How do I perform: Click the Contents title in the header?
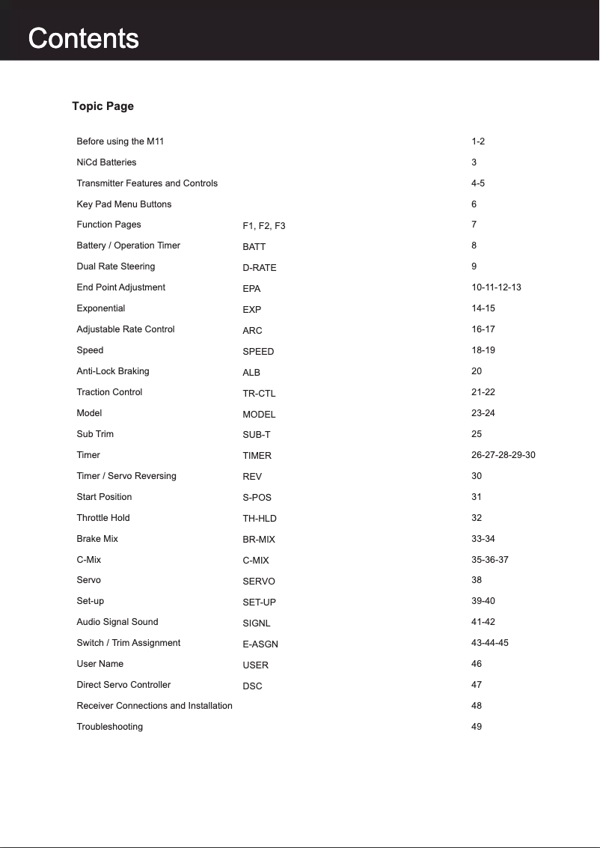pyautogui.click(x=83, y=38)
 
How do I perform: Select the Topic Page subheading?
pyautogui.click(x=102, y=106)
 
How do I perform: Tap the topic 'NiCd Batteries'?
pyautogui.click(x=106, y=162)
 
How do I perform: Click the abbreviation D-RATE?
pyautogui.click(x=259, y=268)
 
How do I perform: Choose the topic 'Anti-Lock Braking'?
pyautogui.click(x=112, y=371)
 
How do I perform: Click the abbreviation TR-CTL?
pyautogui.click(x=259, y=394)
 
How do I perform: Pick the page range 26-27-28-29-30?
pyautogui.click(x=503, y=455)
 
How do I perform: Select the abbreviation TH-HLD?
pyautogui.click(x=259, y=518)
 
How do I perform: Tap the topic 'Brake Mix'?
pyautogui.click(x=97, y=539)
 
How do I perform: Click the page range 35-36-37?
pyautogui.click(x=489, y=560)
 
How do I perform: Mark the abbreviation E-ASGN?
pyautogui.click(x=260, y=644)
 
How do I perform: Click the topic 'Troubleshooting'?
pyautogui.click(x=109, y=727)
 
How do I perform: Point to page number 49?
pyautogui.click(x=477, y=727)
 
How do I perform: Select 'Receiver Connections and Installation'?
pyautogui.click(x=154, y=706)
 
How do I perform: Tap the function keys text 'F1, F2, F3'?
pyautogui.click(x=263, y=226)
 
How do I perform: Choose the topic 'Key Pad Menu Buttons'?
pyautogui.click(x=123, y=204)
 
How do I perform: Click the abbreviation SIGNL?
pyautogui.click(x=256, y=623)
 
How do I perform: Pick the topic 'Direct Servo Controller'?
pyautogui.click(x=123, y=685)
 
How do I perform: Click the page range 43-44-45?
pyautogui.click(x=489, y=643)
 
